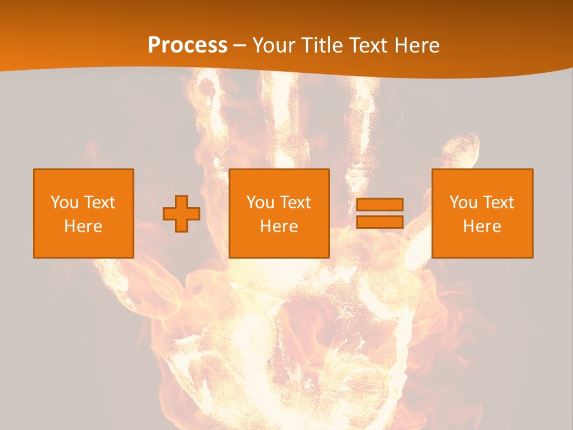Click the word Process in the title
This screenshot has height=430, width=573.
(x=187, y=45)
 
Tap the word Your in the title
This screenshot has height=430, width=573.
(x=275, y=45)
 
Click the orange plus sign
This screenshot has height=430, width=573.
(x=181, y=214)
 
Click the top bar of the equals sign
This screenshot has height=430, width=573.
(x=380, y=204)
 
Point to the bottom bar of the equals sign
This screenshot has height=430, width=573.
(x=380, y=222)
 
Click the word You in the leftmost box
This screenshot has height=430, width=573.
(x=65, y=202)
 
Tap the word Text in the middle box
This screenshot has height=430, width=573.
(x=295, y=202)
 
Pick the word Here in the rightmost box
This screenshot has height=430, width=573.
(x=482, y=226)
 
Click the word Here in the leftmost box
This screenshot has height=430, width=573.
(x=84, y=226)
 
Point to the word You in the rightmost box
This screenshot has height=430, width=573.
(x=464, y=202)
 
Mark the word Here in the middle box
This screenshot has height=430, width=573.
(x=279, y=226)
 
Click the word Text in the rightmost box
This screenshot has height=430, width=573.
(x=498, y=202)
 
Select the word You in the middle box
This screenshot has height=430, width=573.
(x=261, y=202)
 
